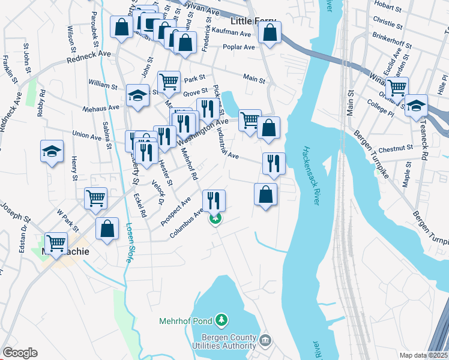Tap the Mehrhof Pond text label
point(186,320)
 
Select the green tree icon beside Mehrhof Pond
point(222,319)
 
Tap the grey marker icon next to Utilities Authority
point(266,341)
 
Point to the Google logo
point(20,353)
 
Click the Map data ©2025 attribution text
point(423,355)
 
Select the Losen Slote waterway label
point(129,243)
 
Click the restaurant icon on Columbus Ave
point(214,200)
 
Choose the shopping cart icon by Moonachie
point(56,243)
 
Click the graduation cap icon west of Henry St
point(52,151)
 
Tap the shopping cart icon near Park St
point(169,81)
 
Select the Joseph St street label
point(14,221)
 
